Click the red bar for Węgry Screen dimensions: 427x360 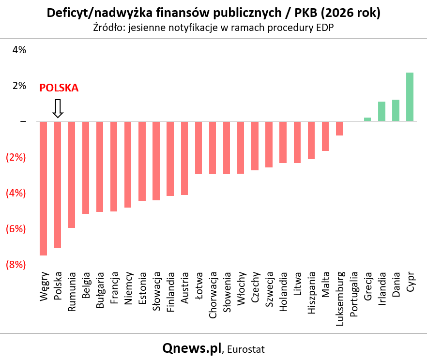tap(43, 188)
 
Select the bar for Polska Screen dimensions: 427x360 tap(58, 184)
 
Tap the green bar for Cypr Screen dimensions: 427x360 tap(410, 97)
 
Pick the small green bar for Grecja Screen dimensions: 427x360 tap(367, 119)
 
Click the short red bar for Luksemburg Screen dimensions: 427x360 tap(339, 128)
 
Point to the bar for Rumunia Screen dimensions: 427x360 tap(72, 175)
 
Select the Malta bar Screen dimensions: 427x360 tap(325, 136)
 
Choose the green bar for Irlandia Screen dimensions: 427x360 tap(381, 111)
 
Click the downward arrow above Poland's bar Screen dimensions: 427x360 tap(58, 108)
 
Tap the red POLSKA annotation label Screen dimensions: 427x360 tap(59, 88)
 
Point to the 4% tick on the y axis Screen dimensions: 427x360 tap(19, 50)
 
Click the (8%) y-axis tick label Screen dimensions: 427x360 tap(16, 265)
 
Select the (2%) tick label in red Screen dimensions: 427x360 tap(16, 157)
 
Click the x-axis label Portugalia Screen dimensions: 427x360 tap(353, 294)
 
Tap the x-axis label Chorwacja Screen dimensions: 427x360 tap(213, 295)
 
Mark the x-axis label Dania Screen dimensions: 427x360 tap(396, 285)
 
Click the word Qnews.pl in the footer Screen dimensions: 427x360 tap(192, 348)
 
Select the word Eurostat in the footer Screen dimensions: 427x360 tap(246, 349)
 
